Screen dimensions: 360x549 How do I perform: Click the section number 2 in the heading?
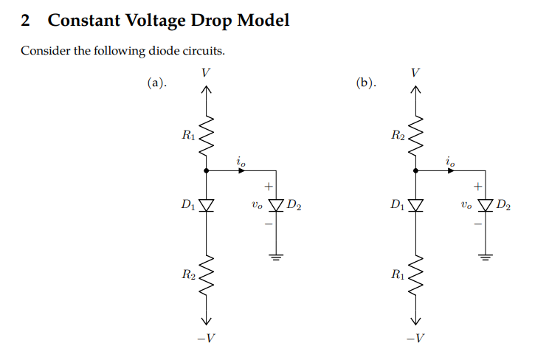click(x=26, y=20)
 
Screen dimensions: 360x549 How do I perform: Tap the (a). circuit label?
click(x=156, y=83)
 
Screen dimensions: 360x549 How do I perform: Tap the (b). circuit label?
click(x=365, y=83)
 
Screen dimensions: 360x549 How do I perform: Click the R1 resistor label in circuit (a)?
click(x=188, y=135)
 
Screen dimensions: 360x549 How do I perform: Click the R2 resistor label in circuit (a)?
click(x=188, y=275)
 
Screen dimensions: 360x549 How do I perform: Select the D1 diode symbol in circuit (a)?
click(x=206, y=204)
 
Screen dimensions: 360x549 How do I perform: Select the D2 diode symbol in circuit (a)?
click(x=276, y=204)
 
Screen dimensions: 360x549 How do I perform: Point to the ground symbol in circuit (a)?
click(x=276, y=257)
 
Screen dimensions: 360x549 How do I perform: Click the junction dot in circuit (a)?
click(x=206, y=170)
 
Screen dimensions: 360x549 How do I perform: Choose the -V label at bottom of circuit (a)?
click(x=207, y=339)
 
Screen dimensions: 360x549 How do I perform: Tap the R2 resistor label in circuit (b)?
click(x=398, y=135)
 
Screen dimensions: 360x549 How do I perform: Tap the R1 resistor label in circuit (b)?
click(x=398, y=275)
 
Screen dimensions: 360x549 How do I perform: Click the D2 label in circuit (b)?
click(x=504, y=204)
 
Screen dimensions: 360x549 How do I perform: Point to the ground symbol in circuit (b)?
click(x=486, y=257)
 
